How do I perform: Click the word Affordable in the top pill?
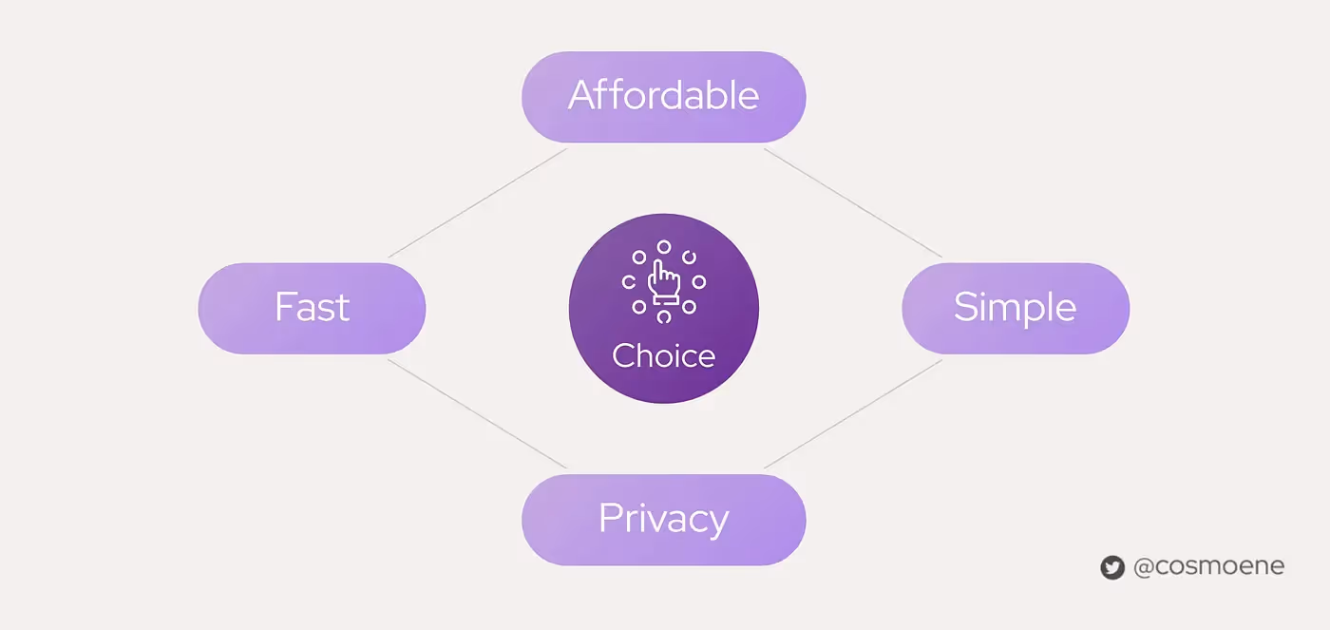663,96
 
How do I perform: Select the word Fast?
312,308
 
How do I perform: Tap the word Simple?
1015,308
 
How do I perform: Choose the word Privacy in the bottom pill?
663,519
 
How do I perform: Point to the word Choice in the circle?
663,356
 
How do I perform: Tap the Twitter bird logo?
1112,567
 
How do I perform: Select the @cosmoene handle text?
1208,567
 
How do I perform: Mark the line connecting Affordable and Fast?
478,202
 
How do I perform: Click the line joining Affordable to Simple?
852,202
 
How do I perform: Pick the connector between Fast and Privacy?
478,413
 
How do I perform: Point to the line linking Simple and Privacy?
852,413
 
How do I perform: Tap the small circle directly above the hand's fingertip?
664,247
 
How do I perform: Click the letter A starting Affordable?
581,96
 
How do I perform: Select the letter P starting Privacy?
609,519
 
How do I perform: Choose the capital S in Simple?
965,308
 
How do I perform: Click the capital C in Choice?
624,356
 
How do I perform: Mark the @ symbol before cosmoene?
1143,567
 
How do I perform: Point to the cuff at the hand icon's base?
663,302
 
